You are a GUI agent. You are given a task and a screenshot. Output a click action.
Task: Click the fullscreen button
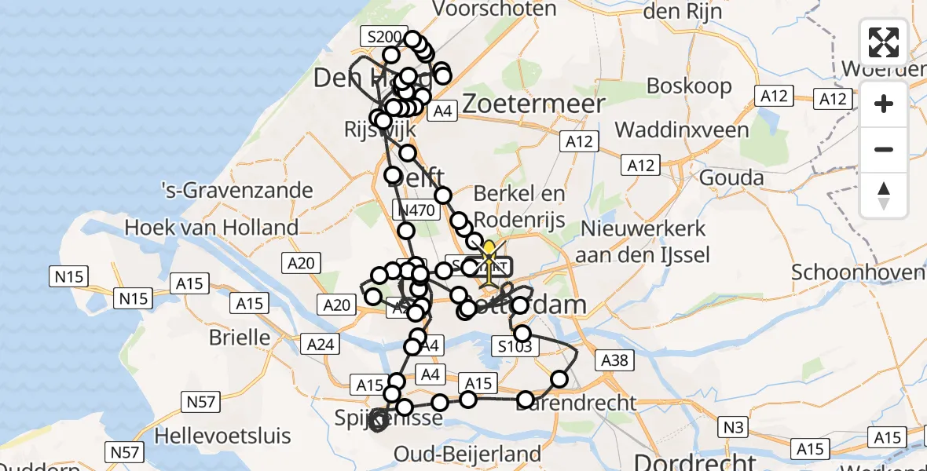click(884, 42)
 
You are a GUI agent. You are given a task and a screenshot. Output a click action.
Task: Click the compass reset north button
click(884, 195)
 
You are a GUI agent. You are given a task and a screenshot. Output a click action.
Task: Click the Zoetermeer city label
click(534, 104)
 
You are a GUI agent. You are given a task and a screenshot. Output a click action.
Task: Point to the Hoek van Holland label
click(212, 228)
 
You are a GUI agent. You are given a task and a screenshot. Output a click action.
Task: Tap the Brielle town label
click(240, 338)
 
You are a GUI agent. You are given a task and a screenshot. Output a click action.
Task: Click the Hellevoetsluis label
click(223, 435)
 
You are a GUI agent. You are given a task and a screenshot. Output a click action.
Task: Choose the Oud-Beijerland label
click(467, 454)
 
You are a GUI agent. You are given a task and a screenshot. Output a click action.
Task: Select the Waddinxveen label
click(682, 130)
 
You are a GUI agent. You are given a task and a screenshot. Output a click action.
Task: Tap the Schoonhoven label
click(858, 272)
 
